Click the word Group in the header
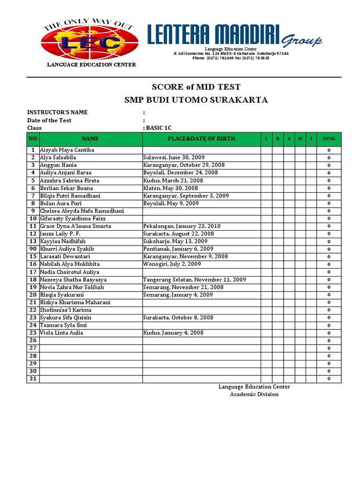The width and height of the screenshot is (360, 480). (301, 41)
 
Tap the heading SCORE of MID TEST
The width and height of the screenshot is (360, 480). (196, 87)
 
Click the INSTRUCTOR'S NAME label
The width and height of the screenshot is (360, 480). (57, 112)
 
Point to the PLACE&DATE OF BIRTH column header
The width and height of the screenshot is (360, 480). (202, 139)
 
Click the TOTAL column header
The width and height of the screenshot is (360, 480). (329, 139)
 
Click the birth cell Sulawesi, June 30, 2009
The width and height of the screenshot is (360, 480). (174, 157)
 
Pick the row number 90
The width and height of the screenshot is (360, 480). (33, 249)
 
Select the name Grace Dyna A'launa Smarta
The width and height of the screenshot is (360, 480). (75, 226)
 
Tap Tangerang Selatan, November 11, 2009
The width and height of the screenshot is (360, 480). (194, 279)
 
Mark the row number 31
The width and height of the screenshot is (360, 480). (33, 379)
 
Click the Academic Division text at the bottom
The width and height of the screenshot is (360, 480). (254, 394)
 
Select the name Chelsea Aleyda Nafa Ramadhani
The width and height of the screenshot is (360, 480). (82, 211)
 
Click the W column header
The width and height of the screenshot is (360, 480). (300, 139)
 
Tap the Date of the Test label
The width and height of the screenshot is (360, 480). (49, 120)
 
